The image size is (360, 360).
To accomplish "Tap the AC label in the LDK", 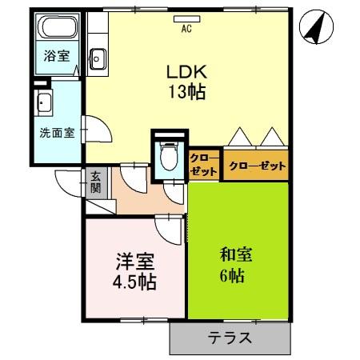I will [186, 30].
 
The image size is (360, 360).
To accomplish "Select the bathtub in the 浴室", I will [57, 30].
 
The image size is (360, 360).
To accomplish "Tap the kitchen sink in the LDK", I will [98, 57].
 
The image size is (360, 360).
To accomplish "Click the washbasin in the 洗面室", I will [44, 103].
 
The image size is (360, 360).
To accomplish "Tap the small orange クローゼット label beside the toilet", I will [204, 165].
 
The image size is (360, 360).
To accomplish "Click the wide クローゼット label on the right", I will [256, 166].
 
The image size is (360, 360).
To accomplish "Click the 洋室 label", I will [134, 261].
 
